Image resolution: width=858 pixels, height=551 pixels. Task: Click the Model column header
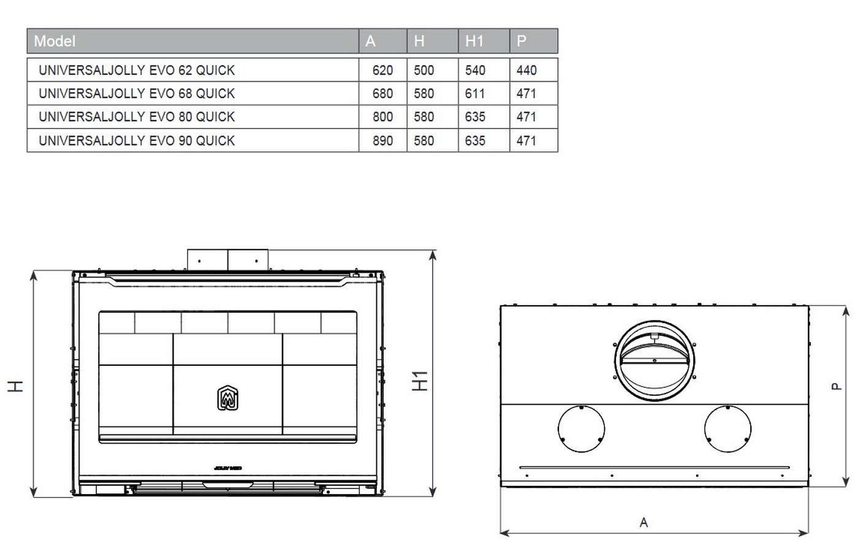[55, 41]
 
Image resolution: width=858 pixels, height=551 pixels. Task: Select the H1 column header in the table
[474, 41]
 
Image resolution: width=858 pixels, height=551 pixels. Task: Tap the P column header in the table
[522, 41]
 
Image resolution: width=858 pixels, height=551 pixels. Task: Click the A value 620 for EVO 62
[382, 70]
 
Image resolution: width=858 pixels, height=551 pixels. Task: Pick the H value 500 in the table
[423, 70]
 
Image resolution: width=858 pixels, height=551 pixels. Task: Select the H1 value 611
[474, 94]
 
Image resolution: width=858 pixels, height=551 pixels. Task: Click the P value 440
[526, 70]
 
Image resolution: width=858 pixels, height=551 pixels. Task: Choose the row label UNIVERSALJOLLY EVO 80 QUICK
[136, 117]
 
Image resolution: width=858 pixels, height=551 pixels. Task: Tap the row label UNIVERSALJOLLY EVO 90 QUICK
[136, 140]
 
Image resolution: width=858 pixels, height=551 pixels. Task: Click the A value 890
[382, 140]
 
